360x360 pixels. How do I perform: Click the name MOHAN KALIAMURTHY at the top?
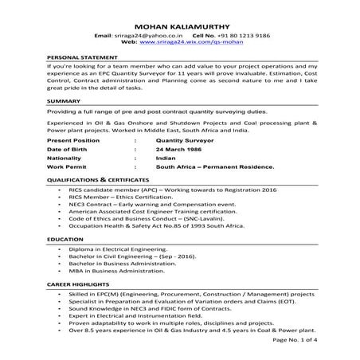click(180, 25)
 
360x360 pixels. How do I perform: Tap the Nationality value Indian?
click(166, 158)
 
